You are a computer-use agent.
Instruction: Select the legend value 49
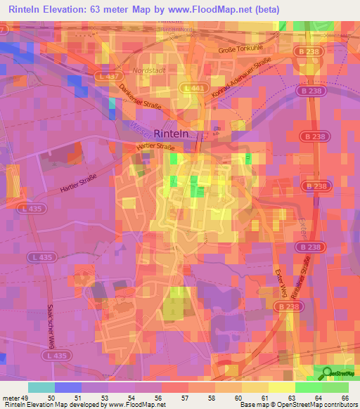pyautogui.click(x=25, y=398)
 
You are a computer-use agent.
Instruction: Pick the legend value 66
pyautogui.click(x=345, y=398)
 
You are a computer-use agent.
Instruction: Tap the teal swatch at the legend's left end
pyautogui.click(x=41, y=387)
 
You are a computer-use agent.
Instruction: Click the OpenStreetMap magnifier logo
pyautogui.click(x=328, y=373)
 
